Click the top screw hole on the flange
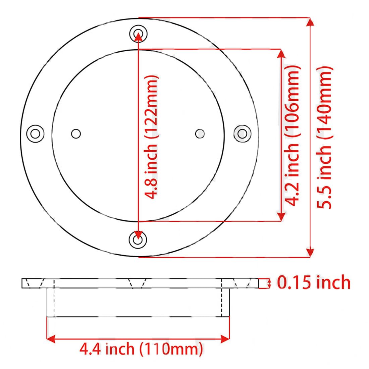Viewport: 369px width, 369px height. tap(138, 34)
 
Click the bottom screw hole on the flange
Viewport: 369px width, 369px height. tap(138, 240)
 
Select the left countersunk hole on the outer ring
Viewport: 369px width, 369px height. tap(35, 134)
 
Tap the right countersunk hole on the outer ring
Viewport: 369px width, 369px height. tap(242, 134)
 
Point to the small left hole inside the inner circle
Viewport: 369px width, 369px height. tap(76, 134)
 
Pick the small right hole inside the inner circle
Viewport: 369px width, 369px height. tap(200, 134)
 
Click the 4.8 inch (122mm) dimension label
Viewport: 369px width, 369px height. tap(151, 137)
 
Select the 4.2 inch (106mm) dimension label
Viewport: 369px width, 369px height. tap(292, 136)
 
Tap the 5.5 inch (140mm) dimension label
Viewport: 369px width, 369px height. tap(324, 138)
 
